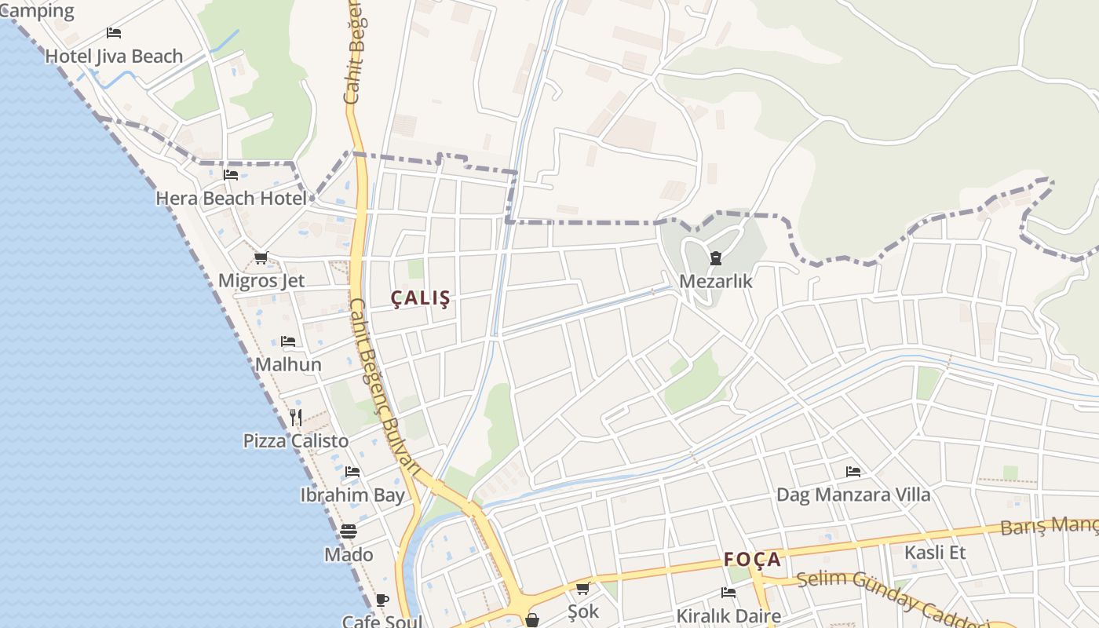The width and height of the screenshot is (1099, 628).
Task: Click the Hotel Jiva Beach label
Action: (114, 57)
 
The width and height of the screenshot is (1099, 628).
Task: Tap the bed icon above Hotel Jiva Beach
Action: (114, 33)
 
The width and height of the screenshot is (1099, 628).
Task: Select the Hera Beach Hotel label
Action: (231, 199)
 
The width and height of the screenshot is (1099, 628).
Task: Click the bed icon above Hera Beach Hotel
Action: (231, 175)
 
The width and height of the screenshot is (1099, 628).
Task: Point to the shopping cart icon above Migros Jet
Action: (261, 257)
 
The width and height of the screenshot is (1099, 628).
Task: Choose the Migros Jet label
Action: (261, 281)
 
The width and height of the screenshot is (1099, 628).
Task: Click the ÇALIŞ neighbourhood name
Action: (421, 298)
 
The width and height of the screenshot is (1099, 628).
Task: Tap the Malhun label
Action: (288, 365)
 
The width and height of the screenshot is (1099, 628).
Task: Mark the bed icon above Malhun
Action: (288, 341)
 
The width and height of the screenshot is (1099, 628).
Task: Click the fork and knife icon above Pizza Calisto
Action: (295, 417)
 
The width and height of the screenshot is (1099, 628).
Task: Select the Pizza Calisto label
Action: (295, 441)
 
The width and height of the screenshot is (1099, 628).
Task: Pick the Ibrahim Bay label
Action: (352, 495)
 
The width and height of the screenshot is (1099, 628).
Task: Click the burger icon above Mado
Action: (349, 531)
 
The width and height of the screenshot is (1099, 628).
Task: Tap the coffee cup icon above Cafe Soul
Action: (382, 601)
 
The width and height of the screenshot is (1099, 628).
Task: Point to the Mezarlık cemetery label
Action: (716, 281)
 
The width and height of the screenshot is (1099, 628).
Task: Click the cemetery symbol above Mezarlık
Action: (716, 257)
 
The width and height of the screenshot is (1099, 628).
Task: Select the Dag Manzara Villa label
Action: (853, 495)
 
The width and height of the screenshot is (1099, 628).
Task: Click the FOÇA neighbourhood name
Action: (752, 560)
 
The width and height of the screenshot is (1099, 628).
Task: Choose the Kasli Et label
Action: (935, 553)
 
